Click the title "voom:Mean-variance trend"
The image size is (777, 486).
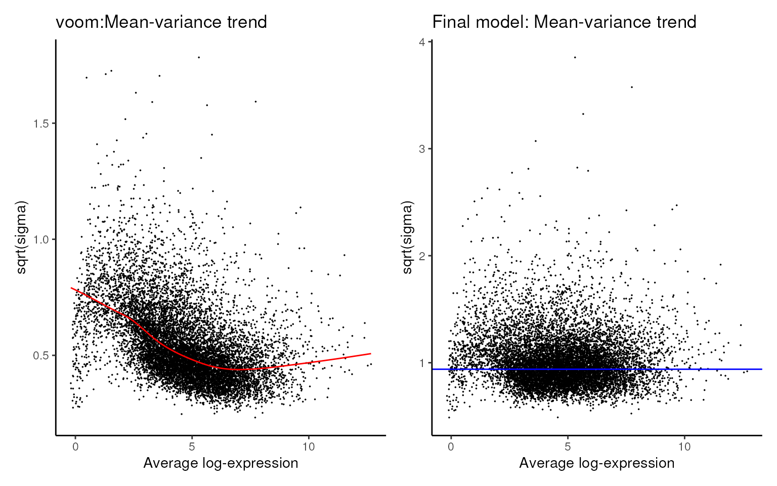coord(161,22)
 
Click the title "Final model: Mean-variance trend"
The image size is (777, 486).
coord(564,22)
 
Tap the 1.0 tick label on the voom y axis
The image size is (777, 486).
coord(41,239)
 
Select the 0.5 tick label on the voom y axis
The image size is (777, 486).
coord(41,355)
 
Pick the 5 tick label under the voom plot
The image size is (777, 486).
coord(192,447)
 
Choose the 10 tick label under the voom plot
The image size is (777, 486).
coord(308,447)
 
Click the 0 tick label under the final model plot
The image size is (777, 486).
coord(451,447)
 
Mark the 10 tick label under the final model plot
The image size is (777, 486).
coord(684,447)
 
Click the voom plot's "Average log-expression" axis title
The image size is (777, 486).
coord(221,463)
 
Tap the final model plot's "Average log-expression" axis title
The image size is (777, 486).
coord(596,463)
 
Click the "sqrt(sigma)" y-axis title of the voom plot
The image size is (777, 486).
coord(22,237)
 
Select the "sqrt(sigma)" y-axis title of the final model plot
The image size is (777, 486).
coord(408,237)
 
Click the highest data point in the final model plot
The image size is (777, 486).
coord(575,57)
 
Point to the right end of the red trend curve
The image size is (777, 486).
coord(370,354)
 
